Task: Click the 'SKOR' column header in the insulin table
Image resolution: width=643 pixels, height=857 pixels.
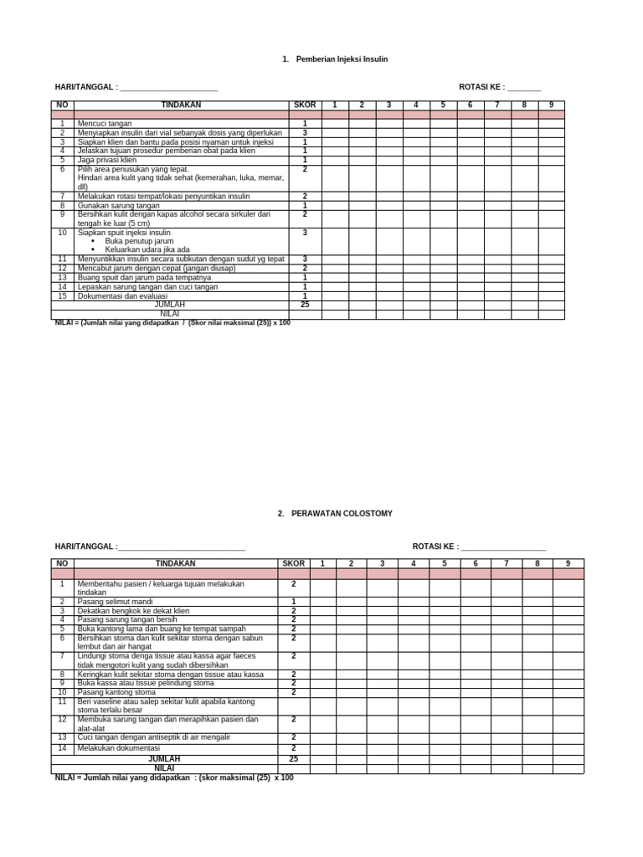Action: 305,105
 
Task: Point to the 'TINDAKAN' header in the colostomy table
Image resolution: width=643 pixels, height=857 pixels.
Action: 175,563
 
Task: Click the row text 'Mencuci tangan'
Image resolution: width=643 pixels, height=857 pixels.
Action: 103,123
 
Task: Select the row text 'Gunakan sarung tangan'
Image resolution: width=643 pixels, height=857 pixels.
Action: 118,205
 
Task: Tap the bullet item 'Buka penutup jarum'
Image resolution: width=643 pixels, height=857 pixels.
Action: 139,241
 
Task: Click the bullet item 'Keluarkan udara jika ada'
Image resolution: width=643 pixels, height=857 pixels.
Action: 147,249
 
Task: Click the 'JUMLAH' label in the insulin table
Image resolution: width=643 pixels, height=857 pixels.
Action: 170,305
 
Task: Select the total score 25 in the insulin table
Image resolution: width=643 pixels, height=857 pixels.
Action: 305,305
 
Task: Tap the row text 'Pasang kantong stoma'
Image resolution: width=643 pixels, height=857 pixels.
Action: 116,692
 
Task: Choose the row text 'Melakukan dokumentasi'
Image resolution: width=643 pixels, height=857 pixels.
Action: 118,747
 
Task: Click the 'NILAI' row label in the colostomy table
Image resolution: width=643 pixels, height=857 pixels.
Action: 164,767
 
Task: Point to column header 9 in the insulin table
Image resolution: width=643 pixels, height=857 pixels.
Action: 551,105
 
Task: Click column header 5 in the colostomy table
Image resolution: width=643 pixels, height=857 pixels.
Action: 445,563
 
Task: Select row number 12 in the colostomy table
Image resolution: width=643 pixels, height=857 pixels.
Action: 62,719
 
